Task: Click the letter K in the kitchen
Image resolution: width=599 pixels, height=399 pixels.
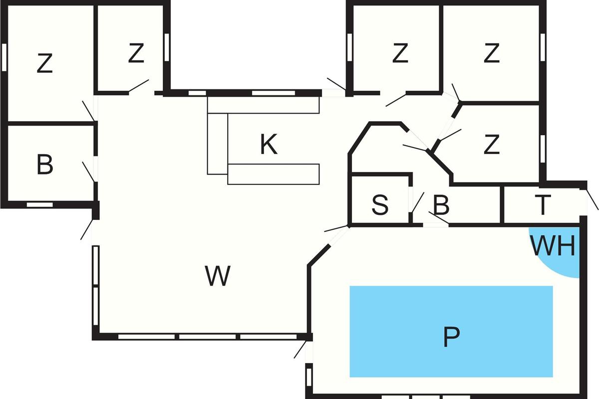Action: click(x=269, y=145)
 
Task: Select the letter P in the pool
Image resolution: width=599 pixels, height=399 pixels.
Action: click(x=451, y=337)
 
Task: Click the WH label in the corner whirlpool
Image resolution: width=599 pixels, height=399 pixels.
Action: click(x=553, y=246)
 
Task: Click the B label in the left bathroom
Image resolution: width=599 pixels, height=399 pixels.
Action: click(x=45, y=165)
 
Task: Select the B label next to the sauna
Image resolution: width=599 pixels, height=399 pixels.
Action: click(x=442, y=205)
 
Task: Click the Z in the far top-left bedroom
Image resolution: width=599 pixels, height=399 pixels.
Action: click(x=45, y=64)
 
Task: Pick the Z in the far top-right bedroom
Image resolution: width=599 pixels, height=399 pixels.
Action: click(x=491, y=53)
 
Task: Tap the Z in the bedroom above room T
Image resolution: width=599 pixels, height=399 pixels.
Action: click(x=491, y=145)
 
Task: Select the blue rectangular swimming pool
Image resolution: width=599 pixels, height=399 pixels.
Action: click(x=399, y=309)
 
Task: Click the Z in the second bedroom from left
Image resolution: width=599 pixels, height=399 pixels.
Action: click(x=136, y=53)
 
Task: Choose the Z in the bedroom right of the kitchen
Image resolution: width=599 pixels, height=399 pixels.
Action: click(x=400, y=53)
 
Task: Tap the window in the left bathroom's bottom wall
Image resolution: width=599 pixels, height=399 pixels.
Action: click(x=39, y=204)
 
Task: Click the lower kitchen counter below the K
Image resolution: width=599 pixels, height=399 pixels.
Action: click(x=274, y=174)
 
